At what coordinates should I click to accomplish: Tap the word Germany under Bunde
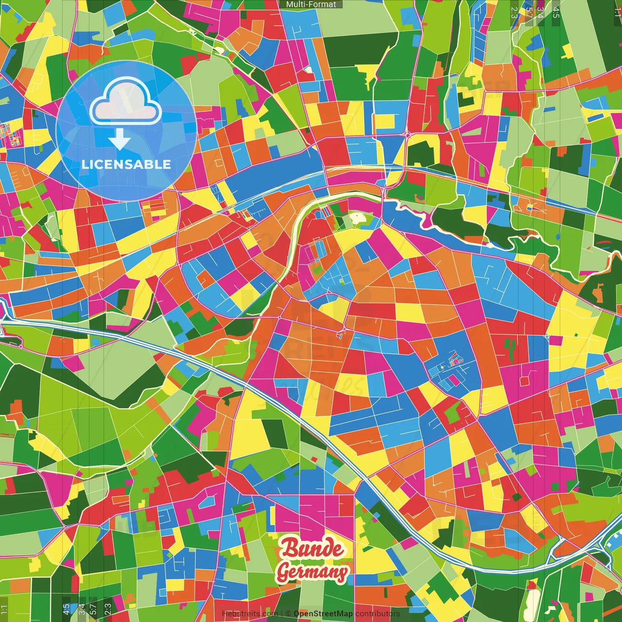click(x=312, y=572)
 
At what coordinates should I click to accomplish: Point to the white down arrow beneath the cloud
click(x=120, y=139)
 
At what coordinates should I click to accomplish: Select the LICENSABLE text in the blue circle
click(x=126, y=164)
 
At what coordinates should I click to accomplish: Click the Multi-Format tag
click(x=311, y=4)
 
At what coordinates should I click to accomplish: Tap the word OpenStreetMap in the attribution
click(x=323, y=614)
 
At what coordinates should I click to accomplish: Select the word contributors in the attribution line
click(x=378, y=614)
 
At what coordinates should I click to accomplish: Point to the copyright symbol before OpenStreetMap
click(x=288, y=614)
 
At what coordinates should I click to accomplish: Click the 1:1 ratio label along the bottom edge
click(x=4, y=609)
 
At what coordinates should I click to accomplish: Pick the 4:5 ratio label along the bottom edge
click(x=66, y=609)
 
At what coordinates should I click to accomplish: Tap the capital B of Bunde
click(x=290, y=548)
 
